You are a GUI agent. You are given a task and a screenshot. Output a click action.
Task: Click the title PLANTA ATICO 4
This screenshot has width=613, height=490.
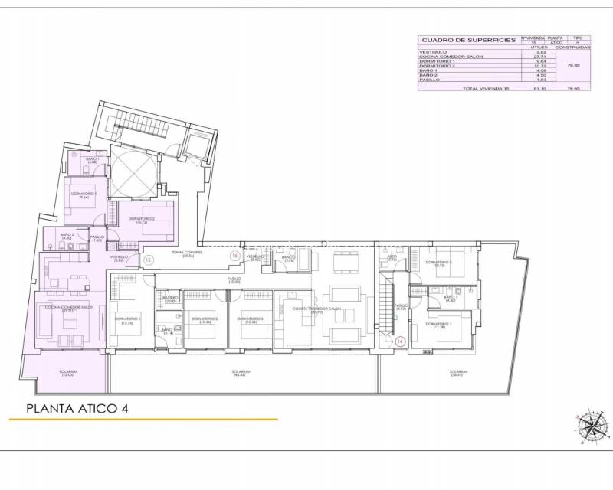77,408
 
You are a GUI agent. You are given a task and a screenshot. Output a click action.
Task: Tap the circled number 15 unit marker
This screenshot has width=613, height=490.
149,259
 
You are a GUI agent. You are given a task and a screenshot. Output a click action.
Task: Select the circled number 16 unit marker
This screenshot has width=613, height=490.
234,255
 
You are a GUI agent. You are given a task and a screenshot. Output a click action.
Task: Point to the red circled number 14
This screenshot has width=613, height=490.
399,342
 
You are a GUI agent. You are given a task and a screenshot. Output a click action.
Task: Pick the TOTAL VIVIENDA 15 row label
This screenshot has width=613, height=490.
484,89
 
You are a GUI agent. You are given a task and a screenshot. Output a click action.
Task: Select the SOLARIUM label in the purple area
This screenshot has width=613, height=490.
68,374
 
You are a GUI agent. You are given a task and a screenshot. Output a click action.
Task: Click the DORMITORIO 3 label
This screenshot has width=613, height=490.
251,319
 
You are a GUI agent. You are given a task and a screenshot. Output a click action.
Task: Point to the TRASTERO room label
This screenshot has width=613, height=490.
169,301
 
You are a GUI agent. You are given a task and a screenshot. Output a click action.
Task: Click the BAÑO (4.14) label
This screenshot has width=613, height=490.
168,331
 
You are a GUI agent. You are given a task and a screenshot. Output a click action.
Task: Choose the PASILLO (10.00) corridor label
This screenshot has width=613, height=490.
234,280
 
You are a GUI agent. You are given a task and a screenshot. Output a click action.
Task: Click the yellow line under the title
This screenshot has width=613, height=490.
143,420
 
